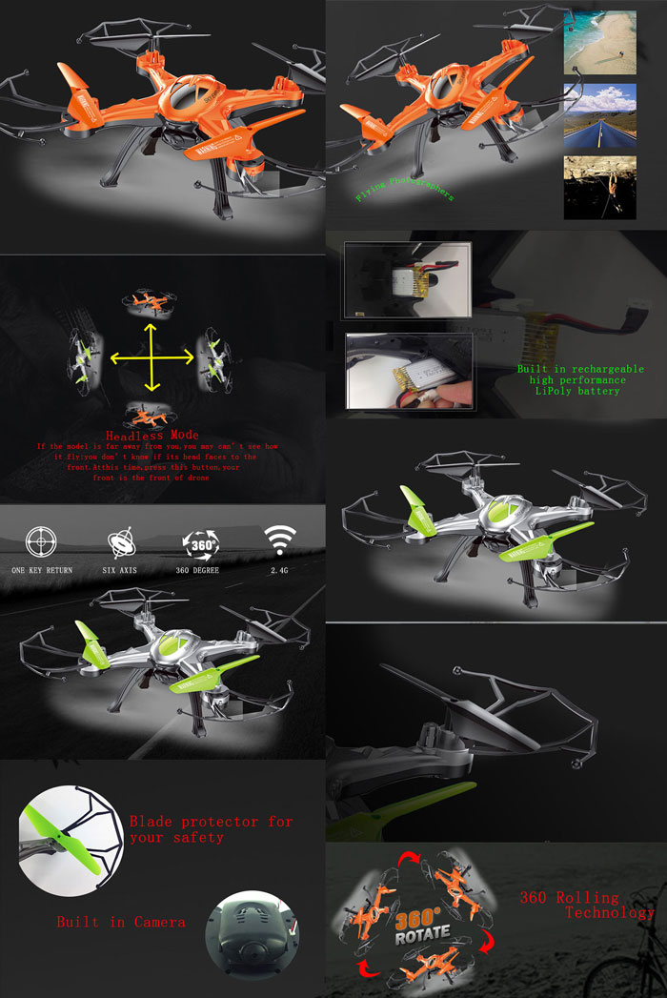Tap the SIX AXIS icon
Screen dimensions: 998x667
(121, 543)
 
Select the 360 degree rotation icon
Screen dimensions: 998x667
(201, 541)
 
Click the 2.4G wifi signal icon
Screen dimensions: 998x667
(279, 540)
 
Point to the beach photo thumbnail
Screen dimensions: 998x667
(599, 43)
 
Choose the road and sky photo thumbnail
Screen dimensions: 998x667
(599, 113)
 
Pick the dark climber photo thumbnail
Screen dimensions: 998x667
(599, 188)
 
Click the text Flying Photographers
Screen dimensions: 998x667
(404, 187)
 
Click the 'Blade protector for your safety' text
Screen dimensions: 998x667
(211, 828)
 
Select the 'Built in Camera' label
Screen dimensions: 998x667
(121, 922)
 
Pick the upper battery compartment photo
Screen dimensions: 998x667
(408, 279)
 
